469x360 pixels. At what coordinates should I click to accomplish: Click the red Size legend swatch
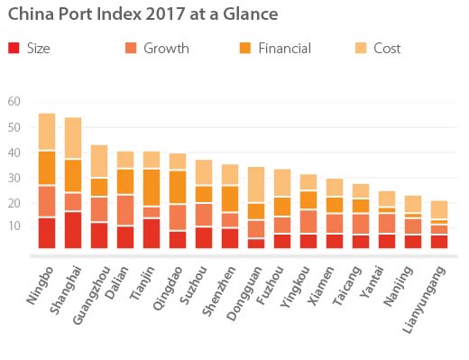tap(13, 48)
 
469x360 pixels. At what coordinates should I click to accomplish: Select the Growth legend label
tap(166, 48)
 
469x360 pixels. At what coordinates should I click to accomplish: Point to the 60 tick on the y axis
tap(14, 101)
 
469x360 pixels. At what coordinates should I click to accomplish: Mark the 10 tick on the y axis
tap(14, 226)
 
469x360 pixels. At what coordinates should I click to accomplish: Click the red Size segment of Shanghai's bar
tap(73, 229)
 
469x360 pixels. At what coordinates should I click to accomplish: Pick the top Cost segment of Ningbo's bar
tap(47, 131)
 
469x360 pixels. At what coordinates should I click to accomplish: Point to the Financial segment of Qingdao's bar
tap(178, 187)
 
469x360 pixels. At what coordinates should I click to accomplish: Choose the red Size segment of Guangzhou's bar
tap(99, 235)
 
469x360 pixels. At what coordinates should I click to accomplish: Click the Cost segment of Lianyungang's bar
tap(439, 209)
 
